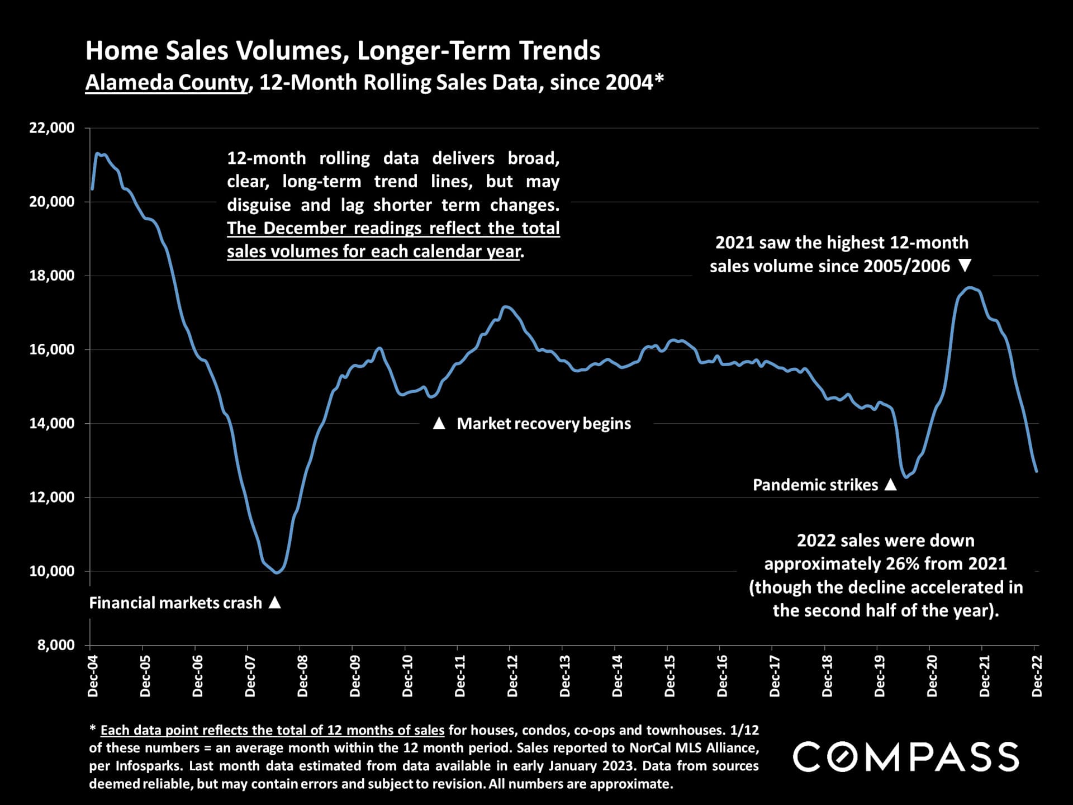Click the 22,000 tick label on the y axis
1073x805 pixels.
point(52,128)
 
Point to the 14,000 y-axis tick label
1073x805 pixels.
point(52,424)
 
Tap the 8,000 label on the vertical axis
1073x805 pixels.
point(56,645)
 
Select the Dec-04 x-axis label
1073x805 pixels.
point(93,676)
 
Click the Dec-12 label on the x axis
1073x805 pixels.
point(512,676)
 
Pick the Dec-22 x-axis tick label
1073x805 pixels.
point(1037,676)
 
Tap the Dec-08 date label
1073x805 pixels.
point(303,676)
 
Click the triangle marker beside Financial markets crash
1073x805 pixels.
point(274,603)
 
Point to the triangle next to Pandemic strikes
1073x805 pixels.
point(891,485)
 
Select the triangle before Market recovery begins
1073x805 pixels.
point(439,424)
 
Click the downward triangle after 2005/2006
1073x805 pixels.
point(965,266)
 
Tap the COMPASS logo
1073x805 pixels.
point(905,757)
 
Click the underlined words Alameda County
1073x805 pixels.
point(166,83)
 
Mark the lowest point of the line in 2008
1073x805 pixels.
point(277,573)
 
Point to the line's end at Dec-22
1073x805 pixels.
point(1037,471)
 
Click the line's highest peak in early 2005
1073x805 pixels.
point(97,153)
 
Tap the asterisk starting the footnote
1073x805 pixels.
point(92,730)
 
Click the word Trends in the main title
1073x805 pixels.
point(559,51)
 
